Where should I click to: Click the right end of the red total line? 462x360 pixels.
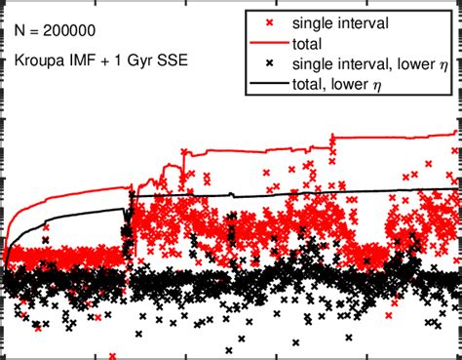[x=455, y=133]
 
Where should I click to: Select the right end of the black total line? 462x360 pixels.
[x=455, y=189]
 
